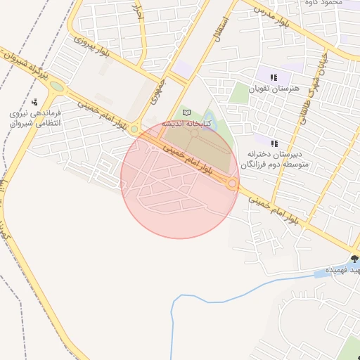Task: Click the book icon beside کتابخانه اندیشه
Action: tap(186, 112)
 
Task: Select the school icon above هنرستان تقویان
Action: tap(274, 77)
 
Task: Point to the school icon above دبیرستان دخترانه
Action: tap(274, 143)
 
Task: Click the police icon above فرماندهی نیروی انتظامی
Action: tap(34, 102)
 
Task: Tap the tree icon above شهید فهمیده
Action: tap(354, 259)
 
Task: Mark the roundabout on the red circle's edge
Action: tap(232, 184)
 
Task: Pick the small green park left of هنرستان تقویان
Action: tap(240, 92)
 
